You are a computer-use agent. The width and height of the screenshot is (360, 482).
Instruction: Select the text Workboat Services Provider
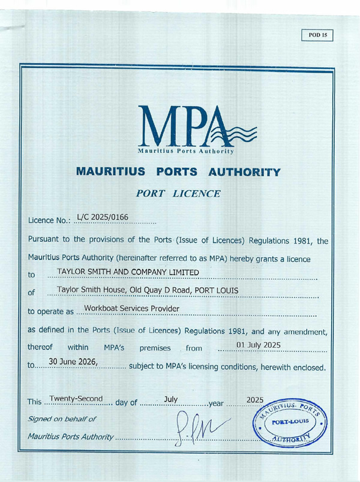coord(132,309)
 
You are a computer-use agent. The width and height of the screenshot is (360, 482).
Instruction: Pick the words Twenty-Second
coord(75,398)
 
